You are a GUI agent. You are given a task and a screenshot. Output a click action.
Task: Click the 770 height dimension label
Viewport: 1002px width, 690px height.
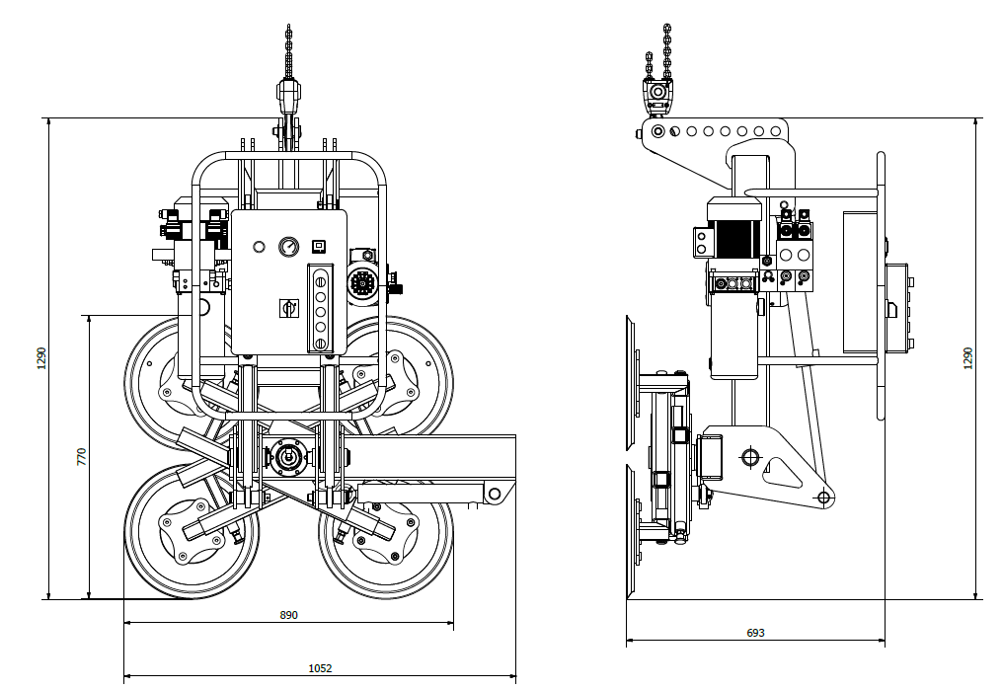tap(81, 456)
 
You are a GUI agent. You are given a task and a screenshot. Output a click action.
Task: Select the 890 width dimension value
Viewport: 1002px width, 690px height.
tap(289, 615)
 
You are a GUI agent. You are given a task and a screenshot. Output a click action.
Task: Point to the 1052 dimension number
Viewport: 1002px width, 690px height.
tap(320, 668)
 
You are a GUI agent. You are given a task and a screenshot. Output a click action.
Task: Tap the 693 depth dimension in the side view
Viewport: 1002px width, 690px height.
tap(755, 633)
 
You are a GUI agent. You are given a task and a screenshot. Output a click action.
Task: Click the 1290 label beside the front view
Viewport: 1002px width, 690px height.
tap(41, 357)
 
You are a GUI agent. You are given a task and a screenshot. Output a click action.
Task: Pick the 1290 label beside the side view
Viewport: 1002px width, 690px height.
tap(967, 357)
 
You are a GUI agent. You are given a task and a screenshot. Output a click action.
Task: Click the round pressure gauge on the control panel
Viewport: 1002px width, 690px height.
tap(289, 247)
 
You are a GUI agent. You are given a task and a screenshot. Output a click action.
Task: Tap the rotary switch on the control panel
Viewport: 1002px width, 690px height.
tap(289, 309)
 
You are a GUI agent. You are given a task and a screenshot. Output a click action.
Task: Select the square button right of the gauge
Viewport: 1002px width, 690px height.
tap(318, 246)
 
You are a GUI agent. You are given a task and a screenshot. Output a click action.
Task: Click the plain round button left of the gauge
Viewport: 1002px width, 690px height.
tap(259, 247)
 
